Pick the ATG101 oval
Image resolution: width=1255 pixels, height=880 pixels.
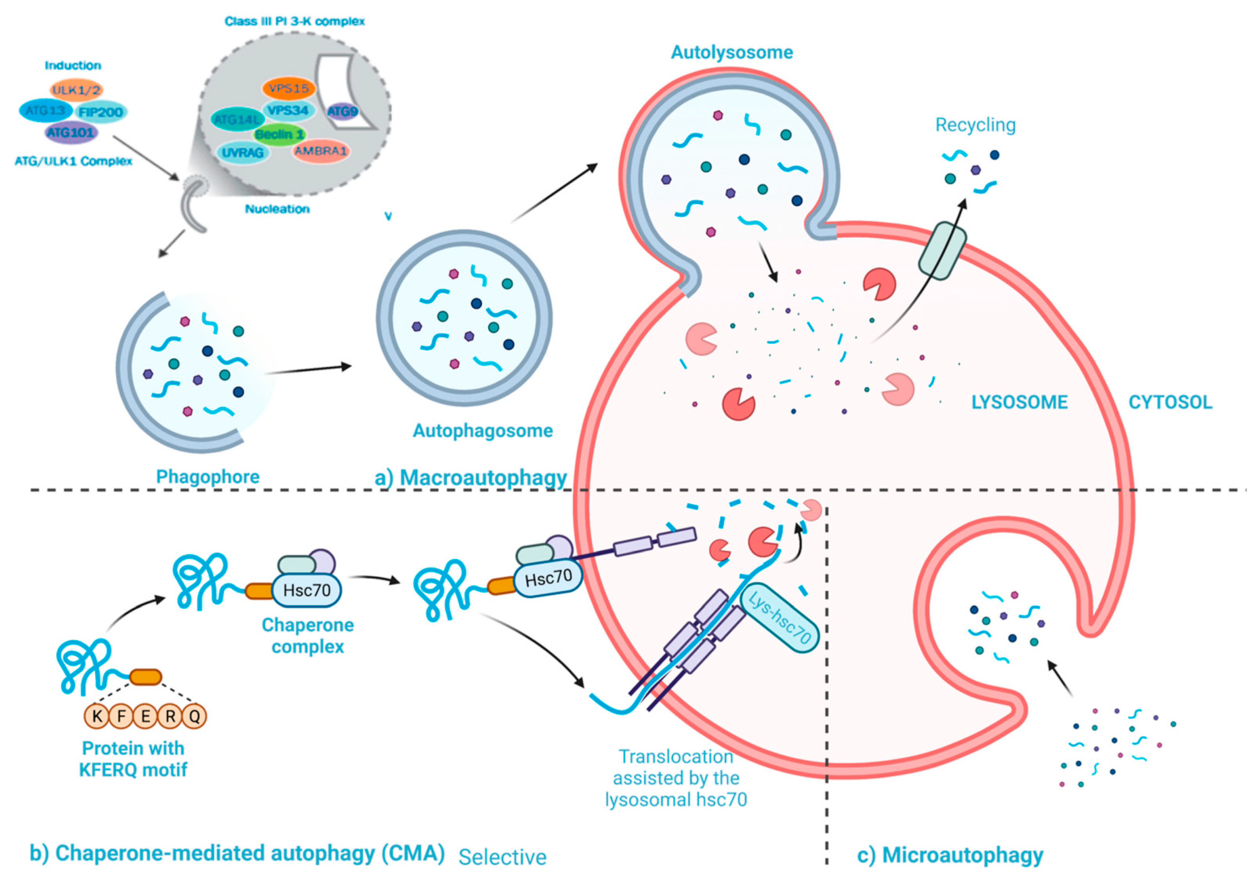coord(71,132)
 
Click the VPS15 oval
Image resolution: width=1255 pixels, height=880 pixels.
coord(289,88)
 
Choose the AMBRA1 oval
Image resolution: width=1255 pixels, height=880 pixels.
coord(321,151)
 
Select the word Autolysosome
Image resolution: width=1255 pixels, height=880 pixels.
coord(732,52)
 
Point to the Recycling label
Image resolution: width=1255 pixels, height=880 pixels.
coord(975,125)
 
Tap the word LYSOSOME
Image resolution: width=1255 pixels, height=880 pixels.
coord(1019,403)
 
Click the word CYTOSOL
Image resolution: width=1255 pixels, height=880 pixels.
coord(1170,403)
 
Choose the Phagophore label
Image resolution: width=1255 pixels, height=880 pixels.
coord(208,477)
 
